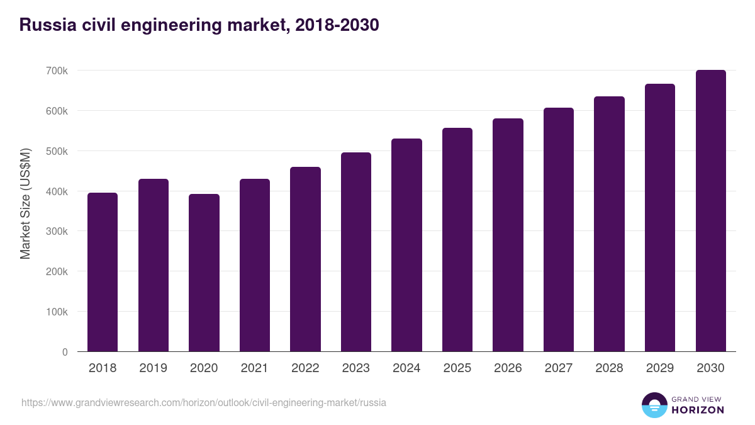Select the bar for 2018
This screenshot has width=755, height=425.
click(x=103, y=272)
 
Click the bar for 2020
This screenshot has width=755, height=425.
click(x=204, y=273)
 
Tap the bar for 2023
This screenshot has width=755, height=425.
click(x=356, y=252)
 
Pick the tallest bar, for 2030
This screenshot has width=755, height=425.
click(x=710, y=211)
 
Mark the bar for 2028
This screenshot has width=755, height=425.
click(x=609, y=224)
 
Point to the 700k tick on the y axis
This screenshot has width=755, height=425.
click(x=57, y=71)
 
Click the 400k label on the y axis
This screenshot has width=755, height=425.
click(x=57, y=191)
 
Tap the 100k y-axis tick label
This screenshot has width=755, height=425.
click(x=57, y=312)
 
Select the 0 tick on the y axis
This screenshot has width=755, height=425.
click(x=65, y=352)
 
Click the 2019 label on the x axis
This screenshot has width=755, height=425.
click(x=153, y=368)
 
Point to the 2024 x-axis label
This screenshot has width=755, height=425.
click(x=406, y=368)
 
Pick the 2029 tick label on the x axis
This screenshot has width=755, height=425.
click(x=659, y=368)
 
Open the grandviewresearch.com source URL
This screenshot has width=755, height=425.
click(x=204, y=402)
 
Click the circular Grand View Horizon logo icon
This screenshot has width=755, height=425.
click(x=654, y=405)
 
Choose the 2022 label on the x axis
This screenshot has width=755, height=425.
click(x=305, y=368)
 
